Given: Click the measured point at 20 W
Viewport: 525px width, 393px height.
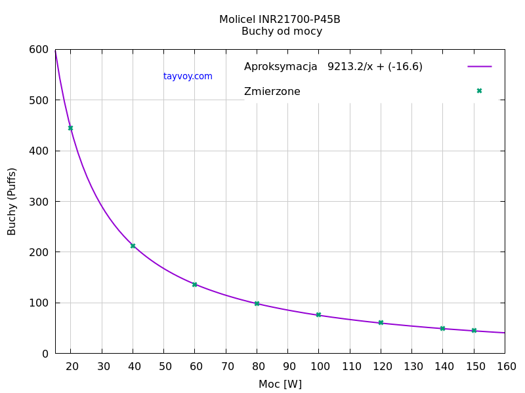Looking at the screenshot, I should pyautogui.click(x=70, y=128).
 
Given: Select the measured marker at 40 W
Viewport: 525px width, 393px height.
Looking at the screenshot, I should pyautogui.click(x=133, y=246).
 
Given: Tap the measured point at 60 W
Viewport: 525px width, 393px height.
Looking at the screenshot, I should pyautogui.click(x=194, y=284).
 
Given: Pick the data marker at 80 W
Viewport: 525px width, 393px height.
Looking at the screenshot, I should pyautogui.click(x=257, y=303).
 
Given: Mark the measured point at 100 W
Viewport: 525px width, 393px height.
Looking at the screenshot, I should pyautogui.click(x=318, y=315).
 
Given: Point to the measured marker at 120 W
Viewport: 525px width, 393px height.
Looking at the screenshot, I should pyautogui.click(x=381, y=322).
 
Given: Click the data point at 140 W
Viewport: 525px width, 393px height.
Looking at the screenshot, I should pyautogui.click(x=442, y=328).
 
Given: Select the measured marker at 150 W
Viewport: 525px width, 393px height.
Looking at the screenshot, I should pyautogui.click(x=474, y=330).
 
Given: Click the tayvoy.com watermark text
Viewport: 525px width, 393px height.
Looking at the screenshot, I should pyautogui.click(x=188, y=76).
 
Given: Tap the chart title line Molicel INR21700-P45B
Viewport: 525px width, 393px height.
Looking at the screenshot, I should pyautogui.click(x=280, y=20).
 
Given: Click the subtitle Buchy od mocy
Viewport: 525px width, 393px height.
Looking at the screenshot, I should pyautogui.click(x=282, y=31).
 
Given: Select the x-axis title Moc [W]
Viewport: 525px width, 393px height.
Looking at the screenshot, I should pyautogui.click(x=280, y=384).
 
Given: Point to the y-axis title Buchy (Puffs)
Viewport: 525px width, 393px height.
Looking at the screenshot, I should pyautogui.click(x=12, y=201).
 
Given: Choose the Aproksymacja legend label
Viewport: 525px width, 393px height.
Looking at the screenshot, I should pyautogui.click(x=280, y=66).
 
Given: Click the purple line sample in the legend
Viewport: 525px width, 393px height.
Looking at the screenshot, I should pyautogui.click(x=479, y=66).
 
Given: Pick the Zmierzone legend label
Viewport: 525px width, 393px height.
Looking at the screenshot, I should pyautogui.click(x=272, y=92).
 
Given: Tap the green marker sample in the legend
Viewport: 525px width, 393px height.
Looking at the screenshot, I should pyautogui.click(x=479, y=91).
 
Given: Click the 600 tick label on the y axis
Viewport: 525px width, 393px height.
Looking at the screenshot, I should pyautogui.click(x=39, y=50).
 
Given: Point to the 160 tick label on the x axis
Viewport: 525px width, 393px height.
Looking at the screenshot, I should pyautogui.click(x=505, y=366).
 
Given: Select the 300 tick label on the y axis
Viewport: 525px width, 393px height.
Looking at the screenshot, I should pyautogui.click(x=39, y=202).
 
